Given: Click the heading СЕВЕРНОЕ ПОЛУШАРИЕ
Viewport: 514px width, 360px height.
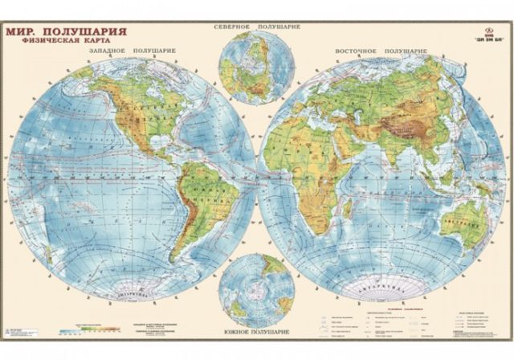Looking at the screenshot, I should pos(256,27).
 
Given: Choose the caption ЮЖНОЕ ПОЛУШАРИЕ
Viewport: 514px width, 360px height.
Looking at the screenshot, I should pos(257,331).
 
